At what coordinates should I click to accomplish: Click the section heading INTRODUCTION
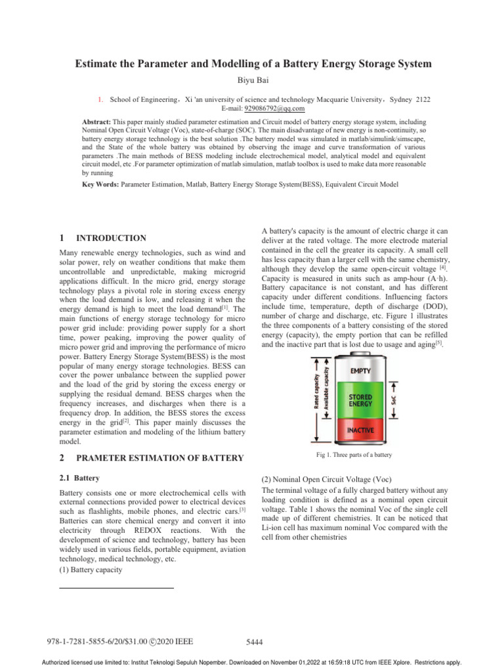tap(111, 238)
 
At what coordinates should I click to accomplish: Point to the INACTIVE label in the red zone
tap(356, 430)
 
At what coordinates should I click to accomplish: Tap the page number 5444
tap(253, 642)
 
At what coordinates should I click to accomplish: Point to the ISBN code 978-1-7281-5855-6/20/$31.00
tap(100, 641)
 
